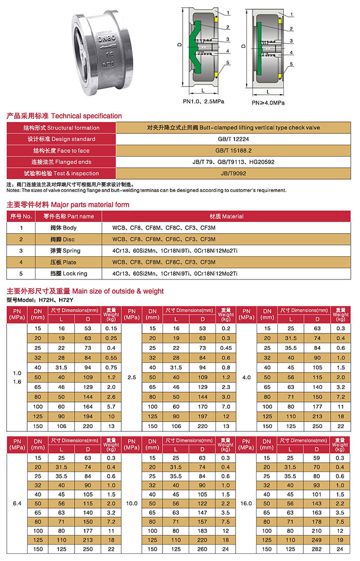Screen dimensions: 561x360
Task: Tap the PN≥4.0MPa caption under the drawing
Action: click(x=268, y=102)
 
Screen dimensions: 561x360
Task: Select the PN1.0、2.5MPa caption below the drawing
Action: click(x=203, y=102)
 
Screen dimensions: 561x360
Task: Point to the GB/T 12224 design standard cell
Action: click(x=233, y=139)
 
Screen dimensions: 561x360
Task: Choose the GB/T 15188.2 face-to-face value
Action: click(x=233, y=150)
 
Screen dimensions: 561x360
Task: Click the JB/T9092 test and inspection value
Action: click(x=233, y=173)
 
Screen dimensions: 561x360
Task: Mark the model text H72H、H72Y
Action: click(x=49, y=300)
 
